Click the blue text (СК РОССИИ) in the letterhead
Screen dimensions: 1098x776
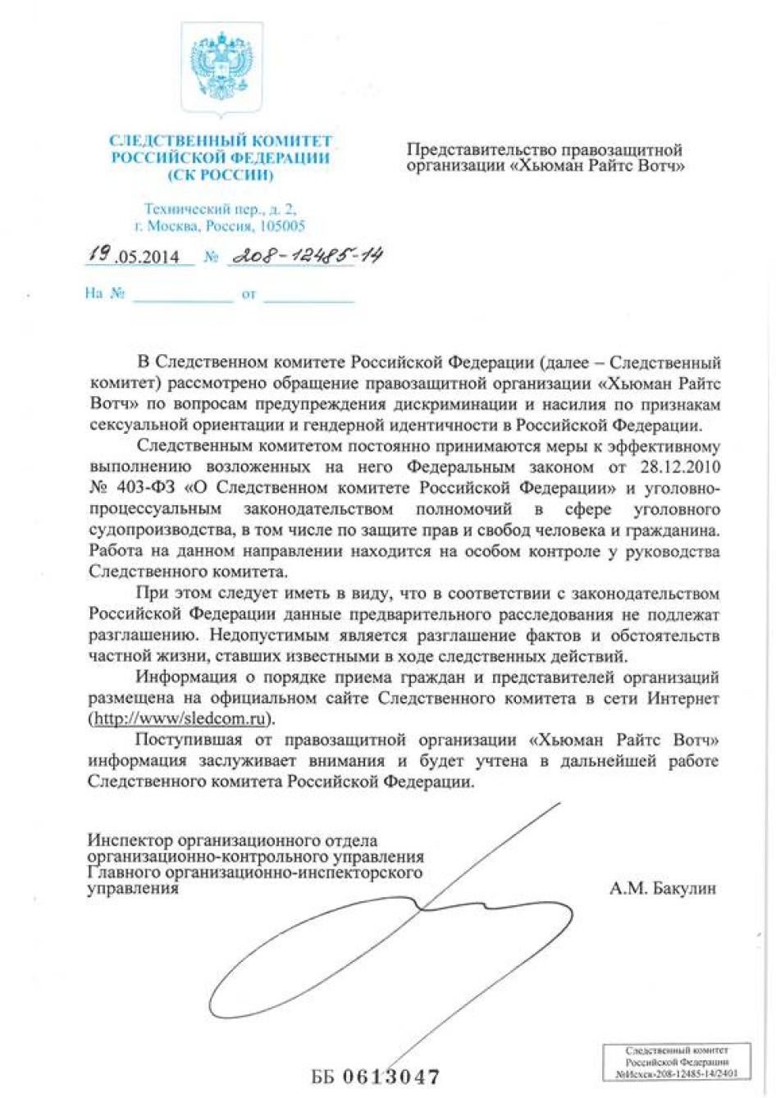[x=220, y=175]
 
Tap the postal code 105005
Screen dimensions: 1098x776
[x=281, y=226]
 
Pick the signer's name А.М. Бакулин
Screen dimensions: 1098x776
[x=663, y=888]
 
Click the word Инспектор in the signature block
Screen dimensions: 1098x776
[x=130, y=841]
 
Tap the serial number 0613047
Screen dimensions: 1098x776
[x=390, y=1076]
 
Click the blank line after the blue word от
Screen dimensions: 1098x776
[x=308, y=297]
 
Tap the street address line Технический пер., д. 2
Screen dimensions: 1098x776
[x=220, y=210]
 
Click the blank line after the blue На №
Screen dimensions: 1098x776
[x=183, y=297]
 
